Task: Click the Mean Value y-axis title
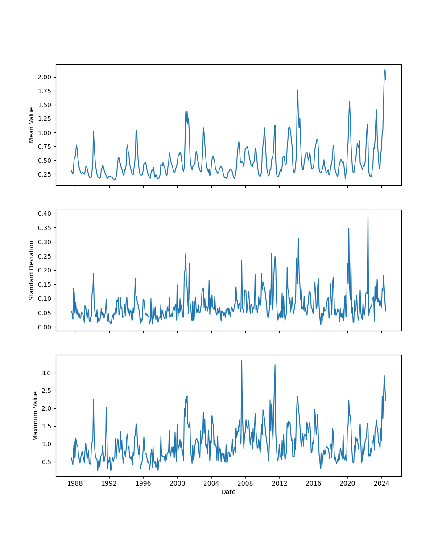[32, 125]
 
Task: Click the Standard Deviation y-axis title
[32, 270]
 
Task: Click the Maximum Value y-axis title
[36, 416]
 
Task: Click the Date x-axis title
[228, 492]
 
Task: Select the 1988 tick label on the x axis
[75, 483]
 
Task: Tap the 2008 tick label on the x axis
[245, 483]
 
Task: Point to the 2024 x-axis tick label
[381, 483]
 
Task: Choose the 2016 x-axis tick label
[314, 483]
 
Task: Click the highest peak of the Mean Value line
[385, 70]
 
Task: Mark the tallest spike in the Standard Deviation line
[368, 215]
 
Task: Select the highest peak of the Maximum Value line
[242, 361]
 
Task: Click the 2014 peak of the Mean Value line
[297, 90]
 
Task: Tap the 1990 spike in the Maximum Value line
[93, 399]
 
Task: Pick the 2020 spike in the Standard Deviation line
[349, 228]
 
